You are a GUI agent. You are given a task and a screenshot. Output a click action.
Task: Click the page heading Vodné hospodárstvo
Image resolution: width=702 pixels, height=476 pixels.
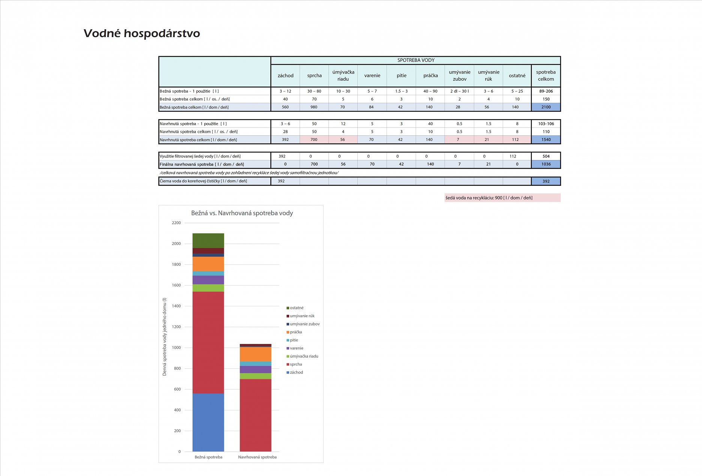tap(142, 33)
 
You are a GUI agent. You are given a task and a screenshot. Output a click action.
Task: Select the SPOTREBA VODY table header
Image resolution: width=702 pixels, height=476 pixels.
tap(415, 60)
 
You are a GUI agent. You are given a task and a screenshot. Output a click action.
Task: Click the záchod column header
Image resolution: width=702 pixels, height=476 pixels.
tap(285, 76)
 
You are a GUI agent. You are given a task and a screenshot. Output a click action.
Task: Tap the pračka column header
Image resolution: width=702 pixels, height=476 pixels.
tap(430, 76)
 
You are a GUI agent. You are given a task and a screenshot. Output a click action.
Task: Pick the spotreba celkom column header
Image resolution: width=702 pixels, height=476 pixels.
tap(546, 76)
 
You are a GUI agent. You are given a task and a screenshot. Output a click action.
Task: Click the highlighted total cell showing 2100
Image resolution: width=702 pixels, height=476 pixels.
tap(546, 107)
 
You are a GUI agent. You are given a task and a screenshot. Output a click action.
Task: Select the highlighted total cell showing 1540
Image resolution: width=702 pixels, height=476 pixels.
tap(546, 140)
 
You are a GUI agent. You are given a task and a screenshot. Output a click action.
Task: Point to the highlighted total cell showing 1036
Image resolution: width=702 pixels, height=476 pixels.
tap(546, 164)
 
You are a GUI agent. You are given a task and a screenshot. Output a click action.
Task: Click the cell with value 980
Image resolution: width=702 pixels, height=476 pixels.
tap(314, 107)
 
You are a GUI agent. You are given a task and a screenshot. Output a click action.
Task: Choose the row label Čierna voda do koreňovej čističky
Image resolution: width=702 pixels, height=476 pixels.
tap(203, 181)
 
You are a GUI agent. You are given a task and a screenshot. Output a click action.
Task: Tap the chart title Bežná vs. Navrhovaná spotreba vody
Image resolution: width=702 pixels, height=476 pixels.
tap(242, 213)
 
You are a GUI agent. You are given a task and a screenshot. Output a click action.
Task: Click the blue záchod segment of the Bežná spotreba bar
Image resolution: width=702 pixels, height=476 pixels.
tap(208, 422)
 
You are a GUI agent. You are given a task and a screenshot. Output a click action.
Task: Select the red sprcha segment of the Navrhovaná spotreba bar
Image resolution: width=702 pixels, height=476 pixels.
tap(255, 415)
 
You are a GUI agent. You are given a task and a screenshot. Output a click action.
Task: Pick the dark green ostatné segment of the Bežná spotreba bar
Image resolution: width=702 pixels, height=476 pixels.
tap(208, 241)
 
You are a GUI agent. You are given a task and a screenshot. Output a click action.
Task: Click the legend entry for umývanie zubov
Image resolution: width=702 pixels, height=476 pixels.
tap(304, 324)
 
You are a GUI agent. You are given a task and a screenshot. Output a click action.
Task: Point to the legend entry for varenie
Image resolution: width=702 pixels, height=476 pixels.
tap(296, 348)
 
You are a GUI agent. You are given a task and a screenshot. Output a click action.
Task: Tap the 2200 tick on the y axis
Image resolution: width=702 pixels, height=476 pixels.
tap(176, 223)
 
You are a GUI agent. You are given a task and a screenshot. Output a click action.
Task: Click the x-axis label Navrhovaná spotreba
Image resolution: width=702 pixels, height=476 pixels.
tap(257, 457)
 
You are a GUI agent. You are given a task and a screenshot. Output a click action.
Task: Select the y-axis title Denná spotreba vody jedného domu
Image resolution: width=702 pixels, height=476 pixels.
tap(164, 337)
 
